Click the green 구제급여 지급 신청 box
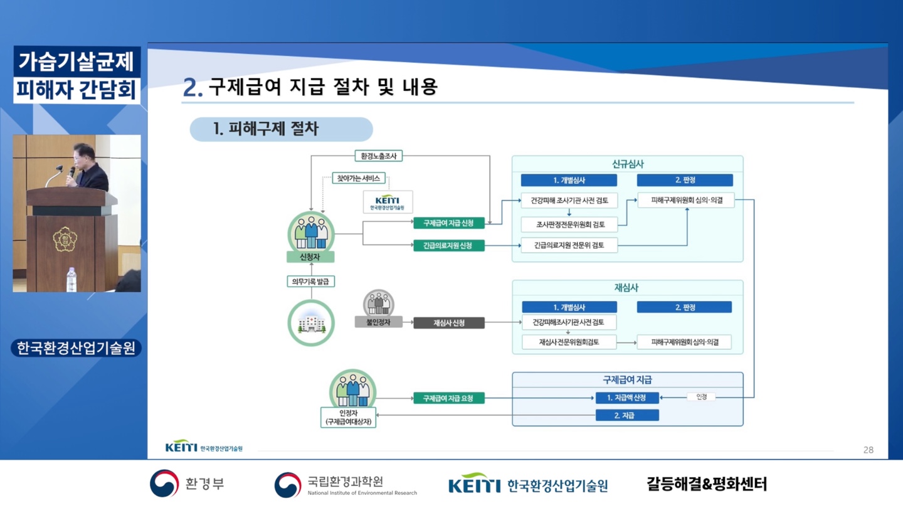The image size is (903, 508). [x=449, y=223]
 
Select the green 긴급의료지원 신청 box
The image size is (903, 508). [x=449, y=246]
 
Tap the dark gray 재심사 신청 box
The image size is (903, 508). [x=449, y=323]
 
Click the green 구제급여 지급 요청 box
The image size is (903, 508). [x=449, y=398]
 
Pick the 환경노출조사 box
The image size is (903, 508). [x=379, y=156]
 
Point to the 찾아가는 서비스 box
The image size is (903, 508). [x=359, y=178]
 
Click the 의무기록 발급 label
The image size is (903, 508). [x=310, y=282]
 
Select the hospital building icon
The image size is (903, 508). [x=311, y=324]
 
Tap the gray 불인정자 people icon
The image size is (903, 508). [x=379, y=303]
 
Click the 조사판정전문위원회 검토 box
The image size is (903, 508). [x=569, y=225]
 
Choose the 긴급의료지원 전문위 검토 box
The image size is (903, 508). [x=569, y=245]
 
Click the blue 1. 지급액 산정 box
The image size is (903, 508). [x=627, y=398]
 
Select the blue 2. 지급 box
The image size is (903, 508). [x=627, y=415]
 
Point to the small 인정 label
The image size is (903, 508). [x=702, y=397]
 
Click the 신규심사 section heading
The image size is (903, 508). [x=628, y=164]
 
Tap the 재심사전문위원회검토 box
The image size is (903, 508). [x=569, y=342]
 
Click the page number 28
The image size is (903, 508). [x=869, y=450]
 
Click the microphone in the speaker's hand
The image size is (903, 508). [x=71, y=172]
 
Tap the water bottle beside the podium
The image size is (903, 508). [x=71, y=279]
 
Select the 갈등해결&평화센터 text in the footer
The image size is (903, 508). [x=707, y=484]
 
